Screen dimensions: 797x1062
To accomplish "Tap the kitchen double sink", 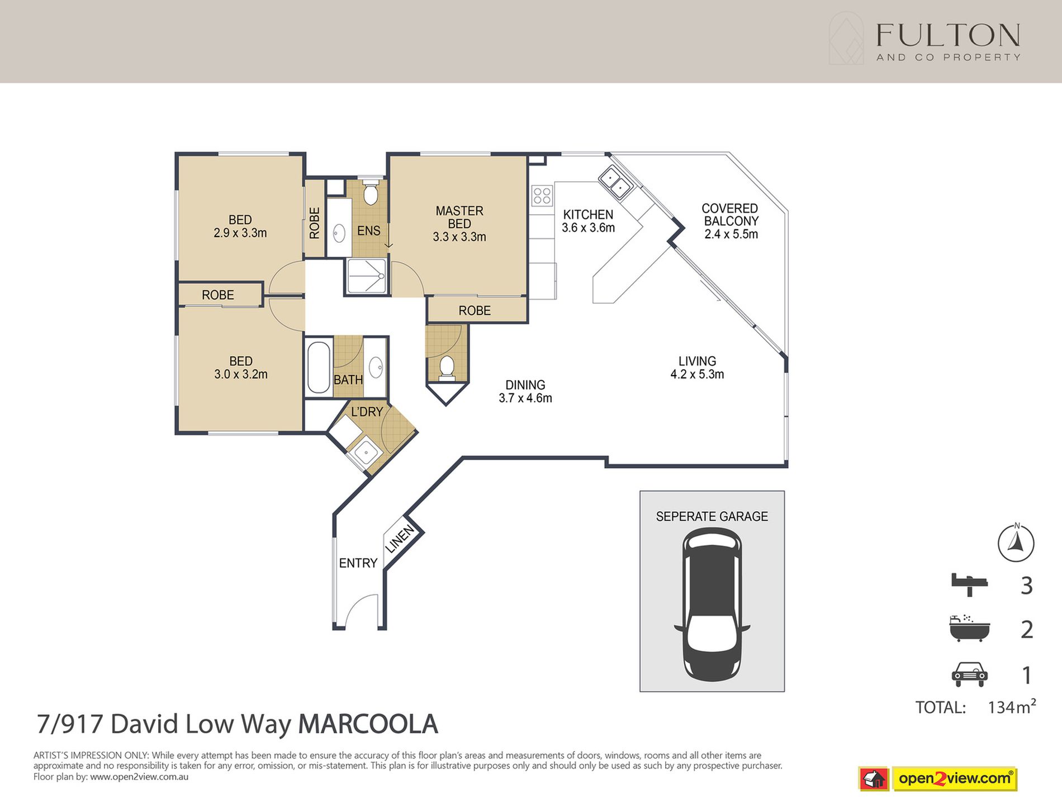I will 615,182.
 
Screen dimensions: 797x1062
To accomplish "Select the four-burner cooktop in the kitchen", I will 542,196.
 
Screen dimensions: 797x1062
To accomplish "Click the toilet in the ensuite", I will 370,194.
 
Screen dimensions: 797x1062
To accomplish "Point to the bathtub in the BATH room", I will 319,367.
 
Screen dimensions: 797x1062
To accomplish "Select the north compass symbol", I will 1016,543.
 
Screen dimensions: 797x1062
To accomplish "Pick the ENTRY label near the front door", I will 358,563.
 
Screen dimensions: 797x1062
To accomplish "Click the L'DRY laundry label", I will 367,412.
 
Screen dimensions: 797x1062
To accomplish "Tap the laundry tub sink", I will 365,451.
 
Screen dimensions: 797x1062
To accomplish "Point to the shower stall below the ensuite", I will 366,276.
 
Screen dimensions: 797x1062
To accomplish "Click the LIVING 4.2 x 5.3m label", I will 697,367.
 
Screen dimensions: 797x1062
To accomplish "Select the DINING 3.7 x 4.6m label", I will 525,391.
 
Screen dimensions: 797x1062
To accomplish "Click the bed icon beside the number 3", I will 969,584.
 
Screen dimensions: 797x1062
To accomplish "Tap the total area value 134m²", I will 1011,707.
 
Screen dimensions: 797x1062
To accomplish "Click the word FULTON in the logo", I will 947,36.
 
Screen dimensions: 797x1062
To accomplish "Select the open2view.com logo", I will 954,778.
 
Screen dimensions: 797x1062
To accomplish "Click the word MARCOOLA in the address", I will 368,724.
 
